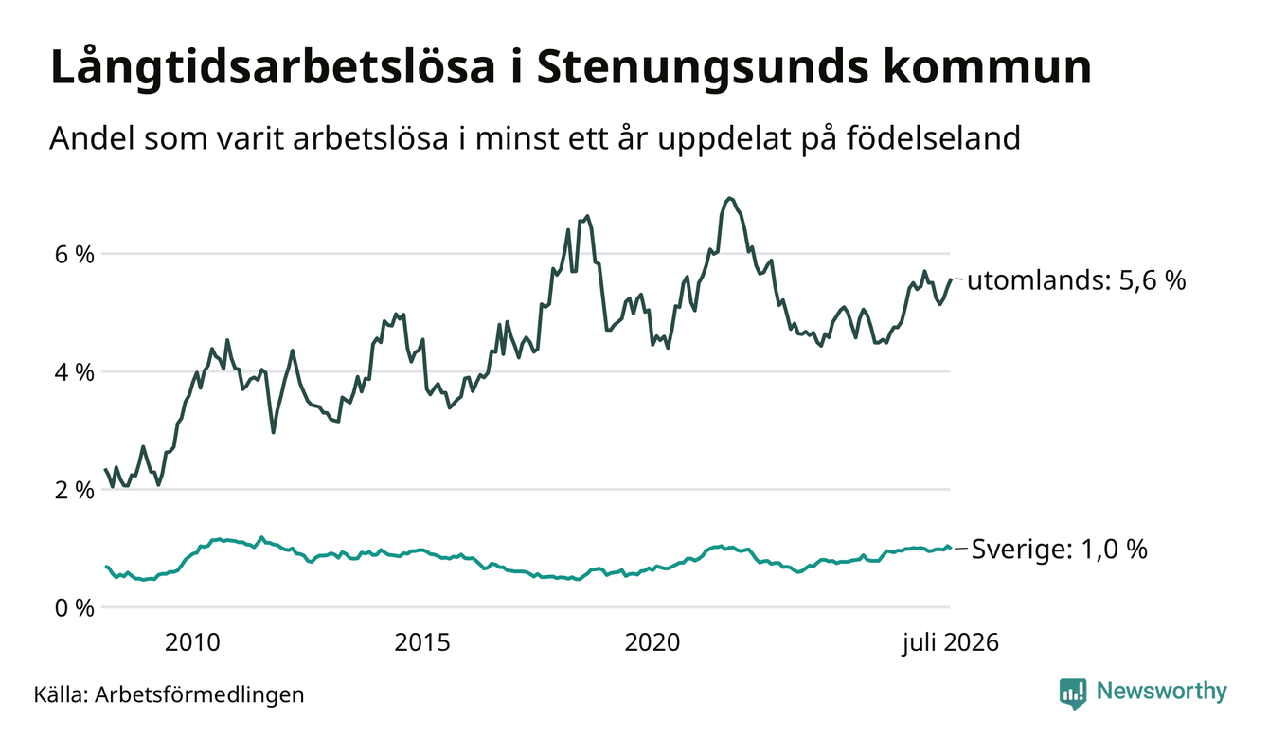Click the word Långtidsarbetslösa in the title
273,68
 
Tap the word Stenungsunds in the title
703,68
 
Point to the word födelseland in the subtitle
934,138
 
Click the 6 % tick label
74,255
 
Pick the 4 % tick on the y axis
74,372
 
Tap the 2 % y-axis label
74,490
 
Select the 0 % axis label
74,608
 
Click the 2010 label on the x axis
192,642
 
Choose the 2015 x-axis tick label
422,642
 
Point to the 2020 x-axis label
652,642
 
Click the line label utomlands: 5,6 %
1077,280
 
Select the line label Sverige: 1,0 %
1060,550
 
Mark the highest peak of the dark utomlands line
729,198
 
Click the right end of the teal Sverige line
950,549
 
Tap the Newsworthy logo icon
1073,694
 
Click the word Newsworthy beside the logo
1162,692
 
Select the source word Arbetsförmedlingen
200,694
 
